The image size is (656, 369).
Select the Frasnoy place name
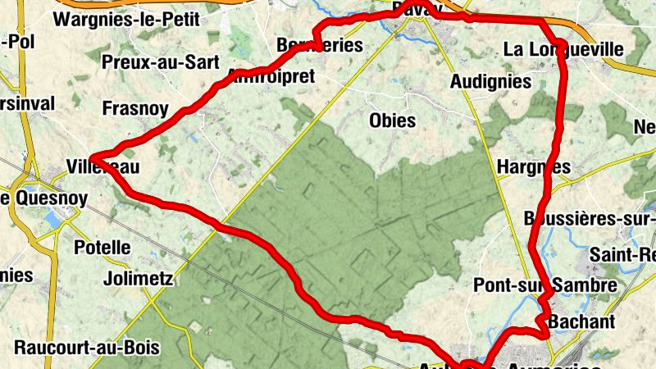click(x=135, y=108)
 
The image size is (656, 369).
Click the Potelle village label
click(x=102, y=247)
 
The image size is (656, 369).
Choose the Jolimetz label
click(x=139, y=279)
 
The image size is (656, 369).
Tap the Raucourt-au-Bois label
click(x=87, y=346)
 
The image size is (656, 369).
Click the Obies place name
click(x=393, y=121)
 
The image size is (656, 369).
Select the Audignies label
click(x=491, y=82)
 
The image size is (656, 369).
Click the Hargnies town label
click(x=534, y=167)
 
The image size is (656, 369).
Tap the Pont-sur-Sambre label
click(x=545, y=285)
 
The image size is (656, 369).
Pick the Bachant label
click(x=581, y=321)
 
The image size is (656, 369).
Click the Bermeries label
click(x=320, y=45)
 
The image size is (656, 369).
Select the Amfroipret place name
click(x=270, y=77)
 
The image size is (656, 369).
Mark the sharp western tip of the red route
click(x=92, y=156)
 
